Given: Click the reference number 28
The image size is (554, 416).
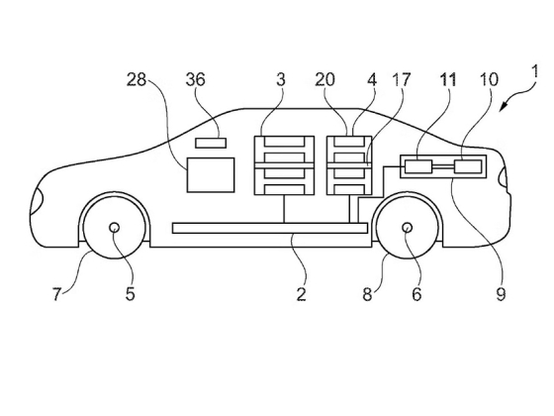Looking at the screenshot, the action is (x=137, y=80).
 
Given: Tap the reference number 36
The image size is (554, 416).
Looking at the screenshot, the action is (x=196, y=80).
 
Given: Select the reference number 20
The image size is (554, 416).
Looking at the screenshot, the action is (x=324, y=80).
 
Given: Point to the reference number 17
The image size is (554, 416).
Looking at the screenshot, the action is (x=402, y=80).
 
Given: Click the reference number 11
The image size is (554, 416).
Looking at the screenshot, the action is (x=447, y=80).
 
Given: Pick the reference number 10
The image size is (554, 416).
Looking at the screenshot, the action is (x=489, y=80).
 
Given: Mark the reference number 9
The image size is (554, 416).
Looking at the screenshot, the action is (x=501, y=294).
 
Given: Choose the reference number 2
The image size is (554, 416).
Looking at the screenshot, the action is (x=301, y=294).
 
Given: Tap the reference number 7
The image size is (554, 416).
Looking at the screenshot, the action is (x=57, y=294).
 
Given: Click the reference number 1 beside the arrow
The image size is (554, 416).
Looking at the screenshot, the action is (x=535, y=71).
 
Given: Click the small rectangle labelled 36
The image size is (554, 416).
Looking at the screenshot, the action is (x=211, y=143).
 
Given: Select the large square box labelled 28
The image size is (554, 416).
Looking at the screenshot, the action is (x=211, y=174).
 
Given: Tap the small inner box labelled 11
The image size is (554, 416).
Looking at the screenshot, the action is (x=418, y=166).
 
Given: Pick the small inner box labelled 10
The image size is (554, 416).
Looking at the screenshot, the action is (x=468, y=166).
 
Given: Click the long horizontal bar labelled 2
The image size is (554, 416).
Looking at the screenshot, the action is (x=270, y=228).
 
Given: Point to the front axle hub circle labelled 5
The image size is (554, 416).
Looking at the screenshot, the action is (x=115, y=228).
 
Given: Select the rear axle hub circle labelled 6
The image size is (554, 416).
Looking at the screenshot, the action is (x=408, y=228).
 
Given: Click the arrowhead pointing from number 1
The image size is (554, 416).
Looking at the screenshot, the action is (x=504, y=106).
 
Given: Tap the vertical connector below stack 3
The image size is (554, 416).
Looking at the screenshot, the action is (x=284, y=209).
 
